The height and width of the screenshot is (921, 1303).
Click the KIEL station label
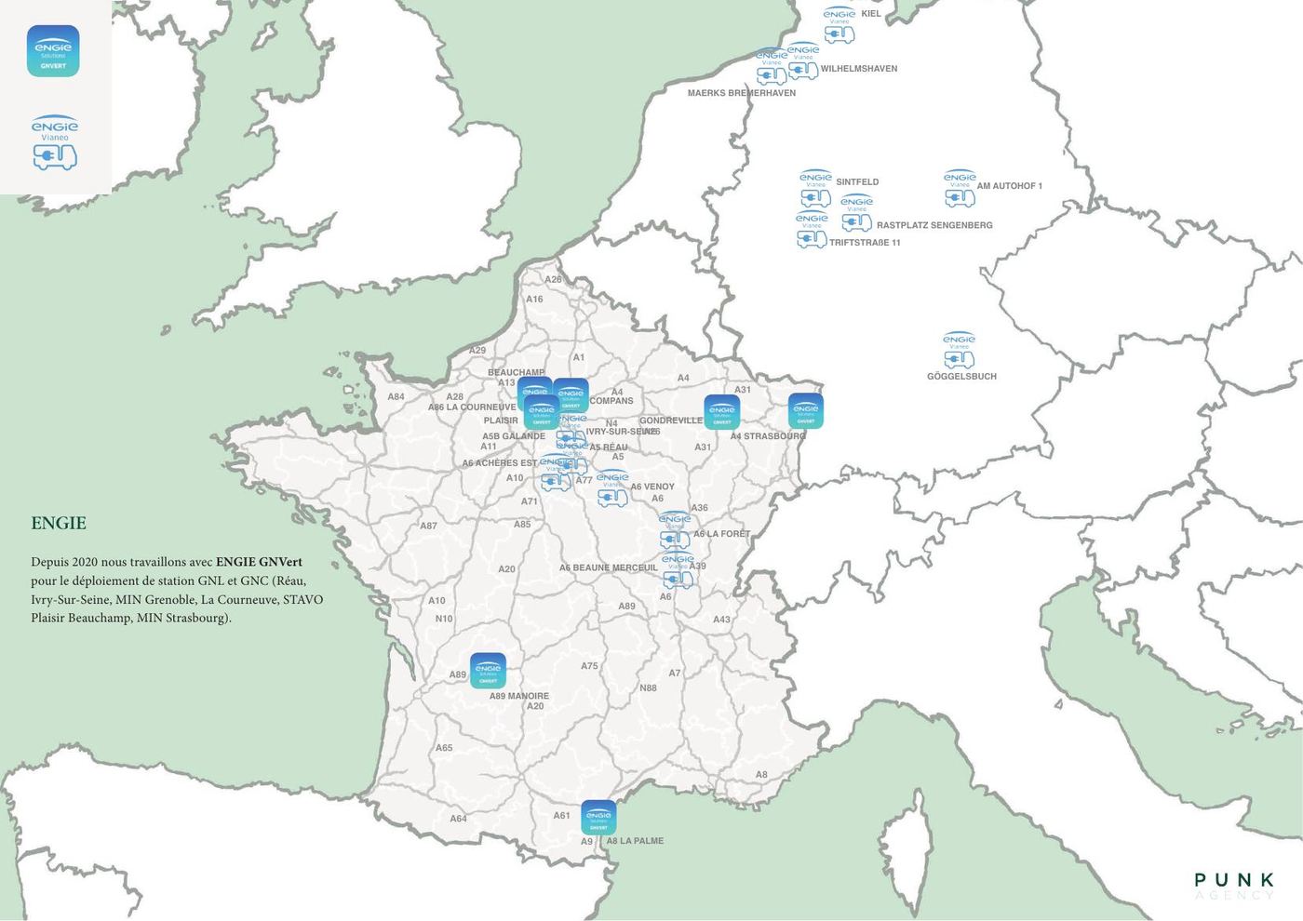871,14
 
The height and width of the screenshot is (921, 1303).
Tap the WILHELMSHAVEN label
858,69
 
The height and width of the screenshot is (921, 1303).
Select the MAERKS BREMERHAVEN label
741,93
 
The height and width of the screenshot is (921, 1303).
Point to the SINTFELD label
856,182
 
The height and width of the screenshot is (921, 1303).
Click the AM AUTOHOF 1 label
1009,186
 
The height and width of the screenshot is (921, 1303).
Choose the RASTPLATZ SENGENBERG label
934,225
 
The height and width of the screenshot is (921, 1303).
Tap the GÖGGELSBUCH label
961,377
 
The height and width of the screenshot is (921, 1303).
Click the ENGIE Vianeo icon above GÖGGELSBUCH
959,350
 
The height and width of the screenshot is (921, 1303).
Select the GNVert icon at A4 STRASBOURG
805,411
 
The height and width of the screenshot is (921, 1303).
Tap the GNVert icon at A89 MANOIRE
488,671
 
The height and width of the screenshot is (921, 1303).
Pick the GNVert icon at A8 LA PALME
598,818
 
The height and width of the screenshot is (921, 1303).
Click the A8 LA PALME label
635,841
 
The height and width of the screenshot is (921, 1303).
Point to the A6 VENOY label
651,487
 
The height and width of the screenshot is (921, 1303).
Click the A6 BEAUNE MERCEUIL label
608,567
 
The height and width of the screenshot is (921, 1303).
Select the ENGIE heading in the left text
59,523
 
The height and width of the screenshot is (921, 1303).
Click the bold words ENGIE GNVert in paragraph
259,562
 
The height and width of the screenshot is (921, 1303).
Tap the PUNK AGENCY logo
1234,885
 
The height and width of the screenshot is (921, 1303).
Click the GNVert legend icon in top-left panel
53,51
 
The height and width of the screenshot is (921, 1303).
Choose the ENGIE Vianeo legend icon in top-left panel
54,143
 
